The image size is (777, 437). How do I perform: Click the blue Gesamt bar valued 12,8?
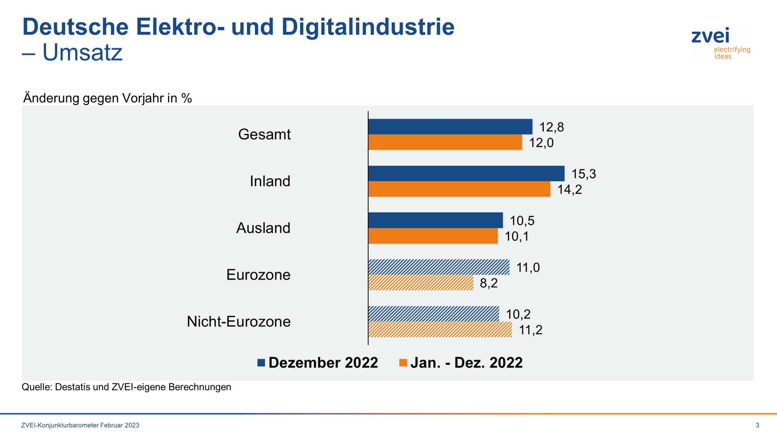tap(450, 127)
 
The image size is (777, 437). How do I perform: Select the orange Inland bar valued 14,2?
tap(459, 189)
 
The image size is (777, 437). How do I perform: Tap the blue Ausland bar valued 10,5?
tap(435, 220)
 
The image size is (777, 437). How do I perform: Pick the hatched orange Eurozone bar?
tap(421, 283)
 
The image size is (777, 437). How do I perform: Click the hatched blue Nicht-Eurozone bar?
tap(433, 314)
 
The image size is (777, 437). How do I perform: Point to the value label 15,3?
tap(583, 174)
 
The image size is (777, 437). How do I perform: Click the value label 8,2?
tap(488, 283)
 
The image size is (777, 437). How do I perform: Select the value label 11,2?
tap(530, 330)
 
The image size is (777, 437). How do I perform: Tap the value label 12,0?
tap(541, 143)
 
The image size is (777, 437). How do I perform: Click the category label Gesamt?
tap(264, 134)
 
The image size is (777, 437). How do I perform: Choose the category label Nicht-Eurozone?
tap(239, 321)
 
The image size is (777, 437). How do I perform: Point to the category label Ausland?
tap(263, 228)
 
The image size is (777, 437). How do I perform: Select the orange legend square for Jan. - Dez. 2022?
tap(403, 363)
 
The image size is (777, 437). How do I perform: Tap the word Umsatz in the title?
tap(82, 52)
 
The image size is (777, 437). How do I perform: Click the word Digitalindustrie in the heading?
tap(368, 27)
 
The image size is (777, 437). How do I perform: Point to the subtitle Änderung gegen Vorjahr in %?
tap(107, 98)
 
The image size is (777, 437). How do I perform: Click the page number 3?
tap(757, 425)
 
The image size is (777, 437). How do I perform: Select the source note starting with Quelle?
tap(126, 387)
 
